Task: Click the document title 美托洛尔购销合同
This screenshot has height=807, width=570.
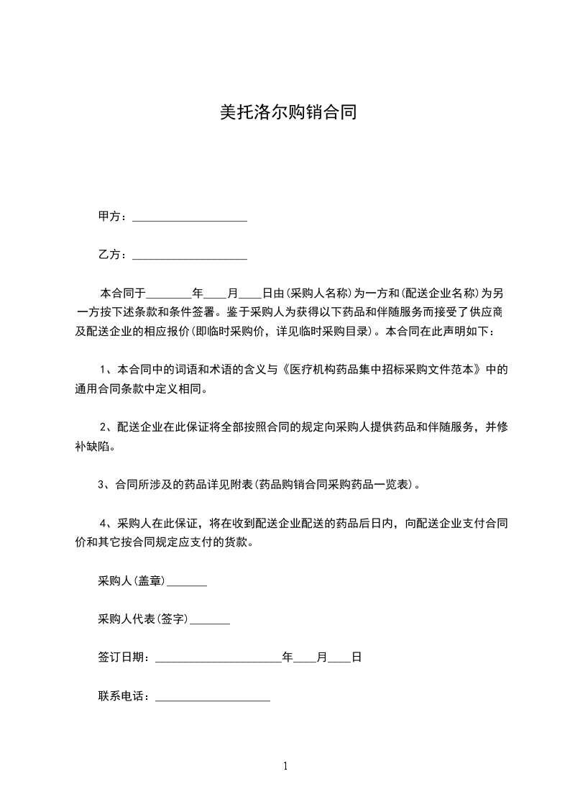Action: pos(288,113)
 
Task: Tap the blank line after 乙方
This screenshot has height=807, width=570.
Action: pos(190,256)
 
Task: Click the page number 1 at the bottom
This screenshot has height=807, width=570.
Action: pos(285,766)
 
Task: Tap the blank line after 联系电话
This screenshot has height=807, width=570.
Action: pos(213,698)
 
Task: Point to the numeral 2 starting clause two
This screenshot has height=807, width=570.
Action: pos(104,427)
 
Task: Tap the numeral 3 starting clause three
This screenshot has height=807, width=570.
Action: pos(101,485)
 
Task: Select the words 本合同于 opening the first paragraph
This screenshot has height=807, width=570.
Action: pos(123,293)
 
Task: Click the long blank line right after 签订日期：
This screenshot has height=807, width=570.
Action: pos(219,660)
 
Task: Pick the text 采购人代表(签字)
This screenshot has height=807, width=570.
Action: pos(143,619)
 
